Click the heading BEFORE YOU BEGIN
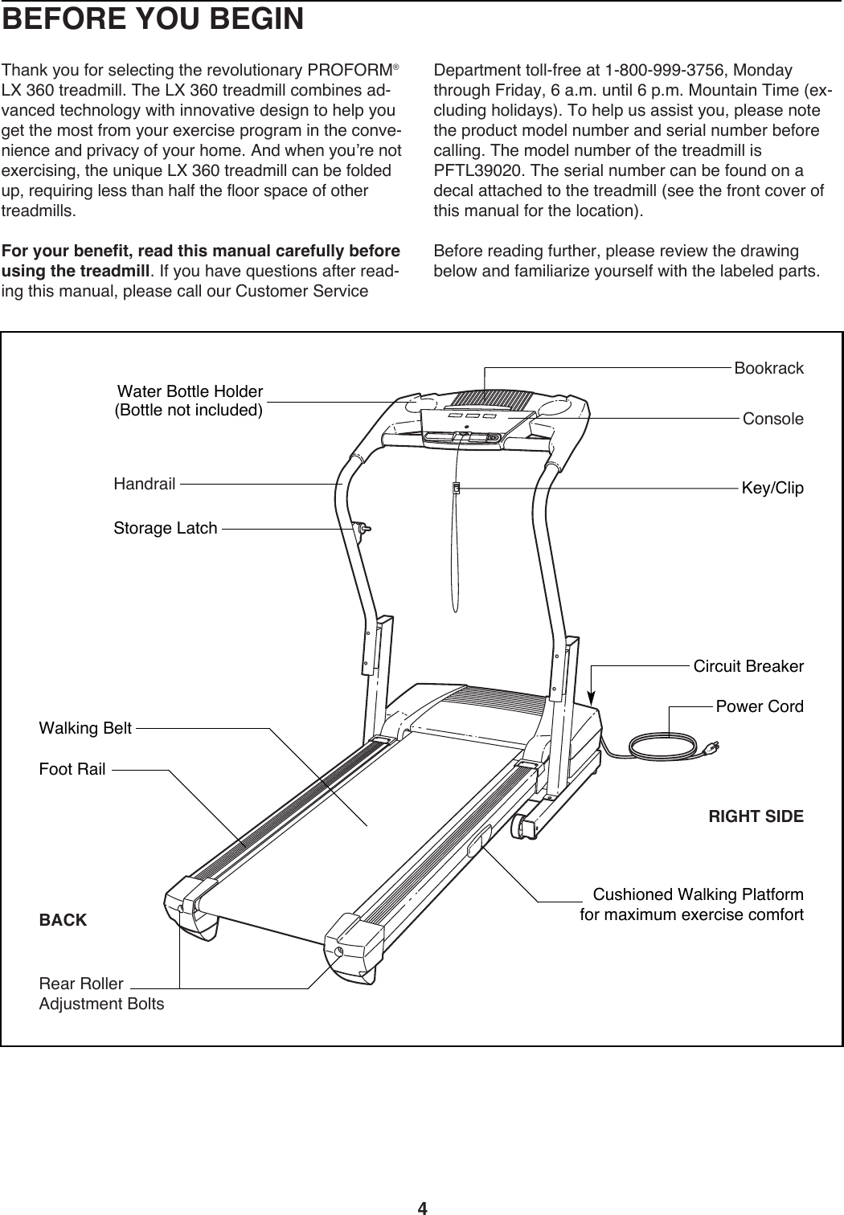[x=153, y=19]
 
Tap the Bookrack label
[x=768, y=369]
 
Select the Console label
[x=772, y=419]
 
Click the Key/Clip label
[x=772, y=489]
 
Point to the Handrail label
[x=145, y=484]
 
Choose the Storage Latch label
[x=166, y=528]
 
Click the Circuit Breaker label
[x=748, y=667]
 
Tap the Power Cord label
[x=759, y=707]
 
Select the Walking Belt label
[x=85, y=729]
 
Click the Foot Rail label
[x=72, y=769]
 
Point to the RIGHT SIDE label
[x=755, y=817]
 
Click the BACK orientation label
[x=63, y=920]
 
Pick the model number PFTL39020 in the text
[x=473, y=170]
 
